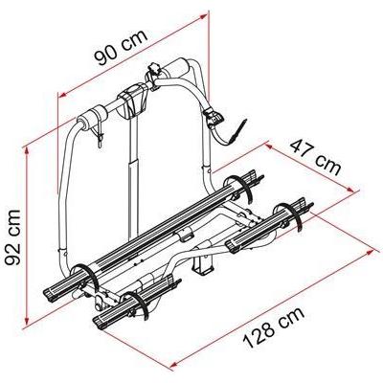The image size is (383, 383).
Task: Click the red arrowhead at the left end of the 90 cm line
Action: coord(60,94)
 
